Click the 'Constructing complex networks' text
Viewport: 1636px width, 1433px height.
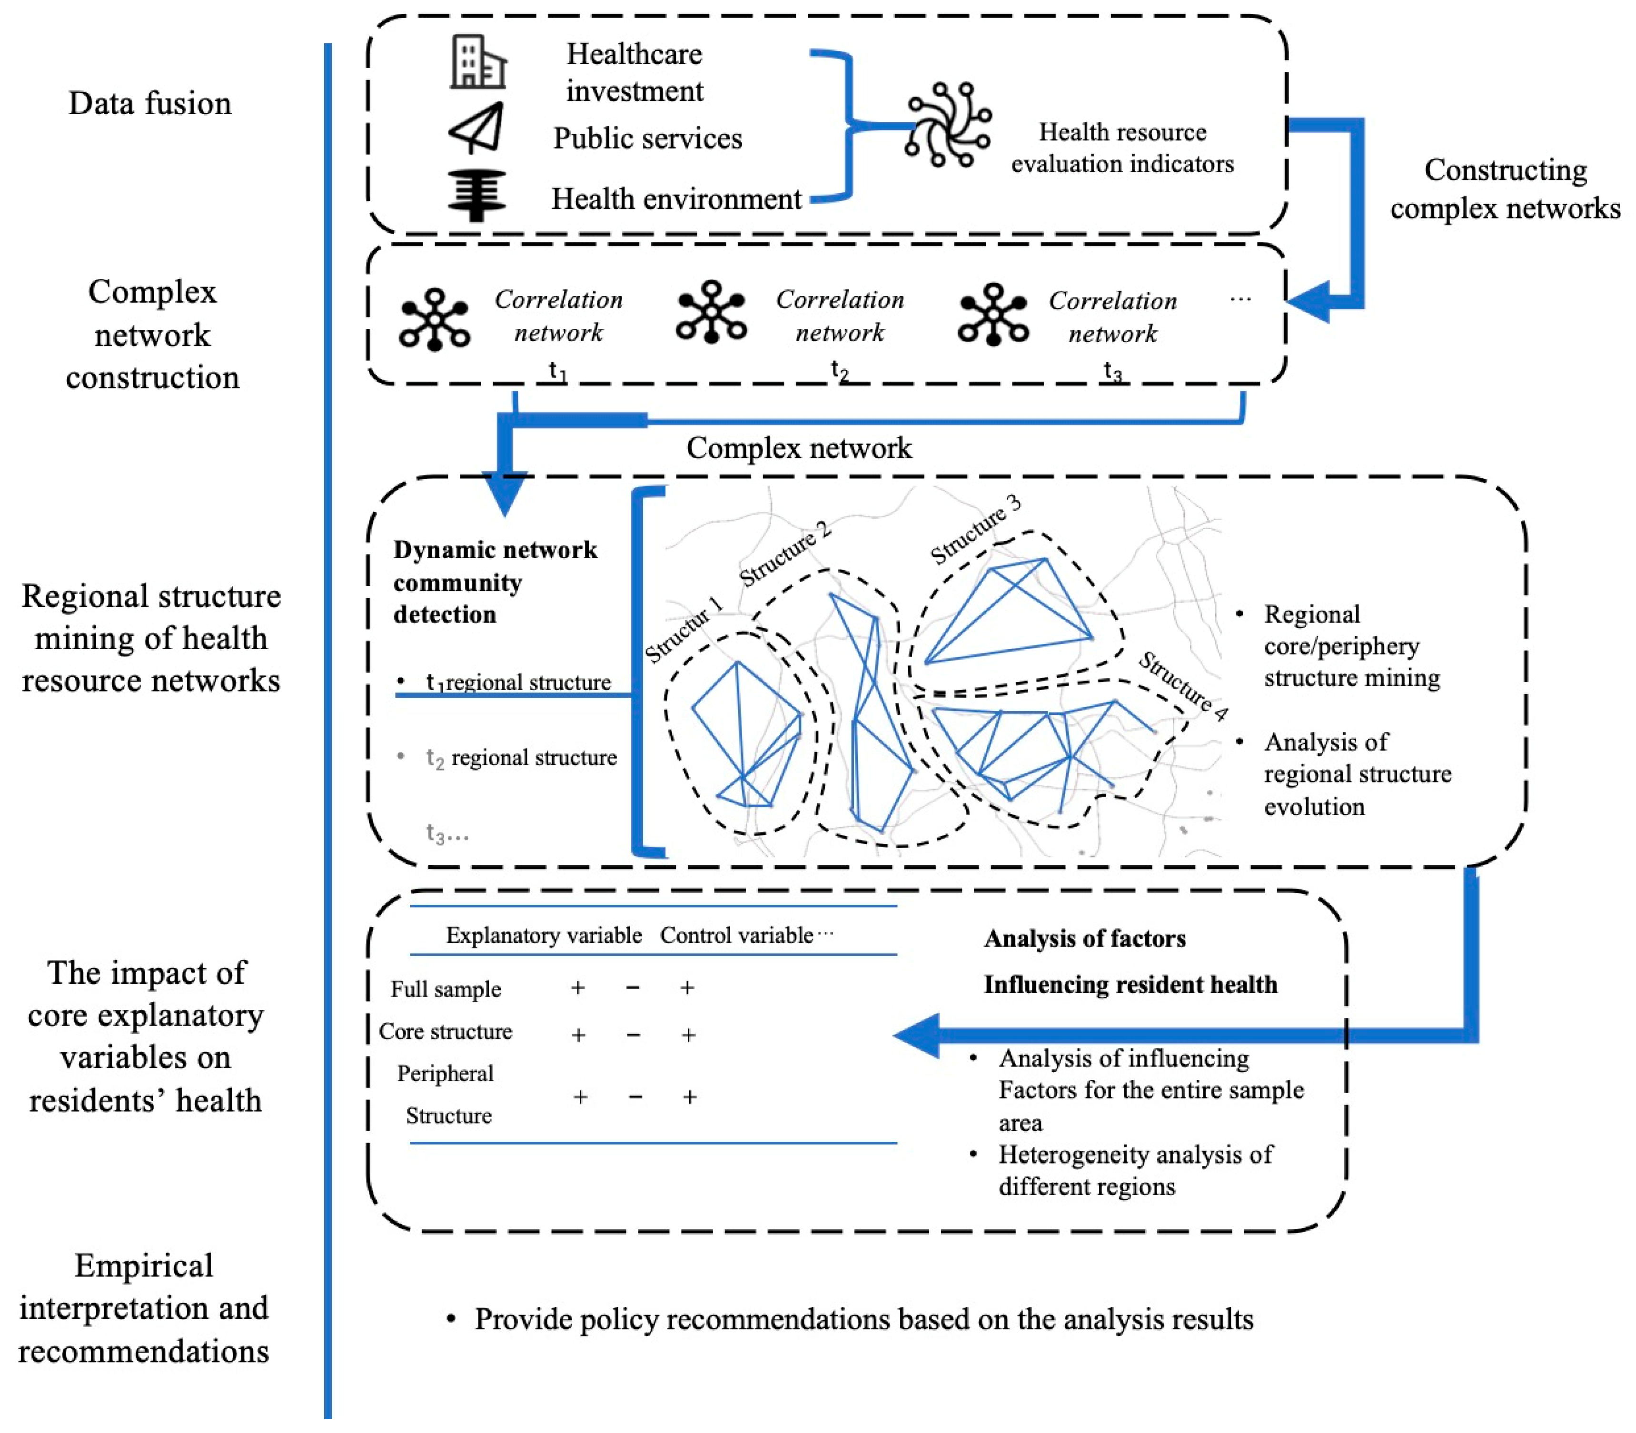click(1505, 189)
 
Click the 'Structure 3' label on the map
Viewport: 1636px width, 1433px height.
click(975, 529)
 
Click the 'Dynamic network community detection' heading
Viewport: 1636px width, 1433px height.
click(495, 582)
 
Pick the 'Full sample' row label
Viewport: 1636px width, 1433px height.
click(446, 989)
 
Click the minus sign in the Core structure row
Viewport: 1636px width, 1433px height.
click(633, 1035)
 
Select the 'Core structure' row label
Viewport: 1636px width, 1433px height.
click(446, 1032)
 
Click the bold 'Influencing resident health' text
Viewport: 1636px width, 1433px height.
click(1130, 984)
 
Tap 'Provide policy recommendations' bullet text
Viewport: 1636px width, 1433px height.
click(863, 1319)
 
